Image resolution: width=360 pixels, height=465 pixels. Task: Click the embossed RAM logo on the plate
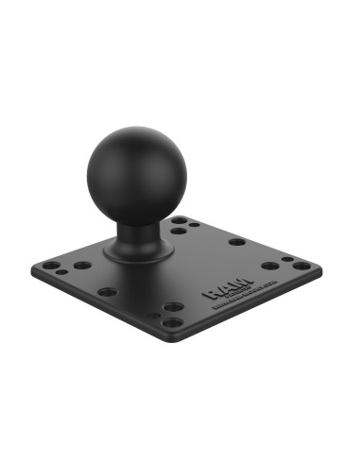[x=222, y=290]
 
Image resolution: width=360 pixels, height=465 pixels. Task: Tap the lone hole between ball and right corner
[x=236, y=242]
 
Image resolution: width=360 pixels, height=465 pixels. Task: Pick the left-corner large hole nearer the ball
[x=83, y=266]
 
